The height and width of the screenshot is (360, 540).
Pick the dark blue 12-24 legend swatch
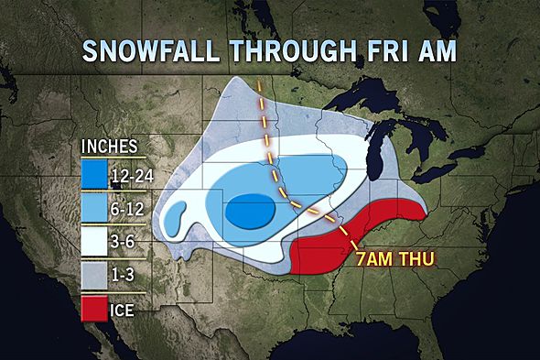coord(92,173)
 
